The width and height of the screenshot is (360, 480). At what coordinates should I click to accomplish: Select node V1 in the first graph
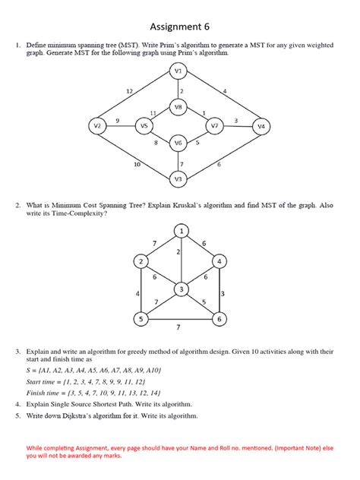point(178,71)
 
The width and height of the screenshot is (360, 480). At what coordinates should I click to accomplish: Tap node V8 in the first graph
point(178,107)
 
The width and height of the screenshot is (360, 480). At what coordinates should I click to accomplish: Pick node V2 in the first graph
point(97,125)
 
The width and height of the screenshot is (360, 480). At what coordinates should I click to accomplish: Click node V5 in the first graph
point(144,125)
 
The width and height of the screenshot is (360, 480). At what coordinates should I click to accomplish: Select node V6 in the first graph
point(178,142)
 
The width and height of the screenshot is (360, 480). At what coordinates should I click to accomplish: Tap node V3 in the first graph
point(178,178)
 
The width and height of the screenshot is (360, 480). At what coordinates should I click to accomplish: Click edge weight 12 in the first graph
point(130,91)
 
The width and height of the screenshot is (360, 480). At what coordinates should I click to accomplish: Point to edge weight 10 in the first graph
point(137,164)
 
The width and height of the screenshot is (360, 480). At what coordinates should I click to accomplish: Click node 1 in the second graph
point(181,230)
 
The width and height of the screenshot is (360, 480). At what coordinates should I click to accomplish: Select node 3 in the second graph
point(181,289)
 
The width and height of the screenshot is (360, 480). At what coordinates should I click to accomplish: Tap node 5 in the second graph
point(141,320)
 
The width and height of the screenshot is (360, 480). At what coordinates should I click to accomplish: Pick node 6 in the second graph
point(219,320)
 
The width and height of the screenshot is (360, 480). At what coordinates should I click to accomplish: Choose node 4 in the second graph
point(219,261)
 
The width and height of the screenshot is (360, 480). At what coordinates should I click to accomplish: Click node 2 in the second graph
point(141,261)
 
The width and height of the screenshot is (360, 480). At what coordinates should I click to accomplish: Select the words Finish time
point(48,393)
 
